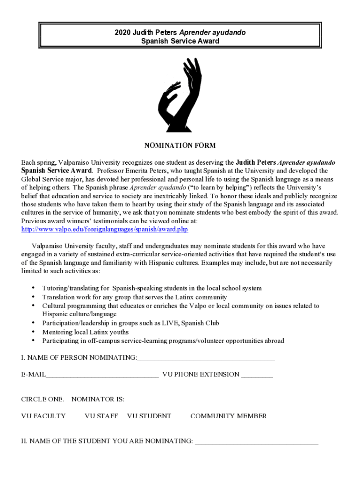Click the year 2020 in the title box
pyautogui.click(x=122, y=32)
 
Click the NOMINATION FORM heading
pyautogui.click(x=180, y=145)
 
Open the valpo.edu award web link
pyautogui.click(x=104, y=230)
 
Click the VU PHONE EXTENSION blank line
pyautogui.click(x=257, y=375)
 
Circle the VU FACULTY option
pyautogui.click(x=43, y=416)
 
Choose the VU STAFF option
pyautogui.click(x=101, y=416)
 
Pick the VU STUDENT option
pyautogui.click(x=149, y=416)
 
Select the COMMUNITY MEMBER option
pyautogui.click(x=229, y=416)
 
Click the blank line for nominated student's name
pyautogui.click(x=256, y=441)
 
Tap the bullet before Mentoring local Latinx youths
pyautogui.click(x=33, y=332)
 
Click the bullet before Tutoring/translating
pyautogui.click(x=33, y=288)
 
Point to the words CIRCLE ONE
pyautogui.click(x=43, y=399)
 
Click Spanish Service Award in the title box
pyautogui.click(x=180, y=41)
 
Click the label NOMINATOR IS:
pyautogui.click(x=98, y=399)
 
